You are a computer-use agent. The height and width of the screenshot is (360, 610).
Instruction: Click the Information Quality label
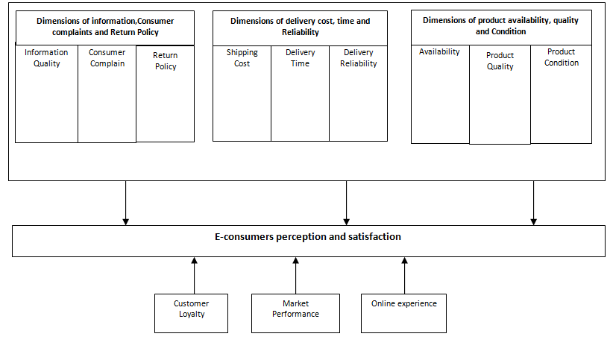point(46,58)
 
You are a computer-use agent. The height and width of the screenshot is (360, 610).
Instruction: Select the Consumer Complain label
point(107,58)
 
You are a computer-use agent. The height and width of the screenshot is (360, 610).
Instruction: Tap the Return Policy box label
point(165,61)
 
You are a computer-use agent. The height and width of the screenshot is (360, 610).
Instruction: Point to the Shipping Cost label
point(242,58)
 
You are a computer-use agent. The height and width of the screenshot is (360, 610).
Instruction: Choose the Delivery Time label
point(300,58)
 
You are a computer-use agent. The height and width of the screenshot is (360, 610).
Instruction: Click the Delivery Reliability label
point(358,58)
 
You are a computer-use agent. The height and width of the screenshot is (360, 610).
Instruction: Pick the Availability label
point(439,52)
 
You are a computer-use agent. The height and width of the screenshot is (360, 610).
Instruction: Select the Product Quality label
point(500,61)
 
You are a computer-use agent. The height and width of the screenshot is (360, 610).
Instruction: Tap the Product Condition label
point(561,57)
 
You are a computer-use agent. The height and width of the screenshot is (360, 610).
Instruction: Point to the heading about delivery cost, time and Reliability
point(300,27)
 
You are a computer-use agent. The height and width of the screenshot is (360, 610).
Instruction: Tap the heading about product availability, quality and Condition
point(500,26)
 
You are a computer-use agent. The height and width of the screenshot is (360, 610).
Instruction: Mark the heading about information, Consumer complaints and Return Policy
point(105,27)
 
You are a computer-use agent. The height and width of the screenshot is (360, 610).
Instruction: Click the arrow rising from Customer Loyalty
point(194,275)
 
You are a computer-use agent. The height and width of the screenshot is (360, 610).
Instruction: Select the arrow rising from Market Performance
point(296,275)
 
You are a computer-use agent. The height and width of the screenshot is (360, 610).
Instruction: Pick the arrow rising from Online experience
point(405,275)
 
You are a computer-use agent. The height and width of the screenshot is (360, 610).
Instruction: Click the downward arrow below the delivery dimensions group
point(346,202)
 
